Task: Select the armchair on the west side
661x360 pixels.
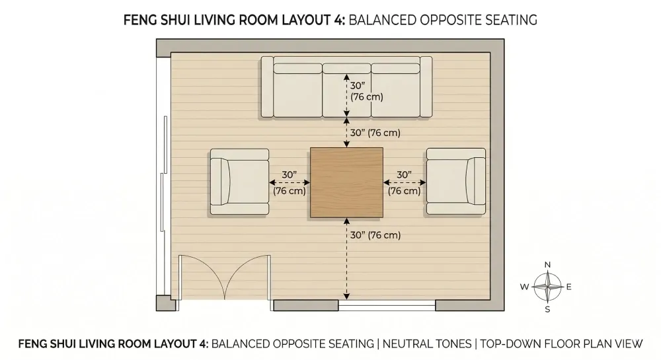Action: [x=239, y=182]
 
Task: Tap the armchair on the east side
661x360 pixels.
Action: [x=455, y=182]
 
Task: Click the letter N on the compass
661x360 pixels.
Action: [x=547, y=265]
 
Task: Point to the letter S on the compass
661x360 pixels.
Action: [x=547, y=309]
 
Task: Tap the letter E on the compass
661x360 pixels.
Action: [x=569, y=287]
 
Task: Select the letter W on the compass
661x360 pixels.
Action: [x=524, y=287]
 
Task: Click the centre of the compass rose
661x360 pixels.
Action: [x=547, y=287]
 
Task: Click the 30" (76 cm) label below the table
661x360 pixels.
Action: [x=375, y=234]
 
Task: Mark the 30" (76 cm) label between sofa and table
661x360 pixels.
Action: [x=375, y=133]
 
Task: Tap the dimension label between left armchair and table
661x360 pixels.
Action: [x=290, y=183]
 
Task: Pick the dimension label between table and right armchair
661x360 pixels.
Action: [x=405, y=183]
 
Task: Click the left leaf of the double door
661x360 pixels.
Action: [x=203, y=277]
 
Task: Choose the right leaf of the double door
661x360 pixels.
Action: [x=248, y=277]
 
